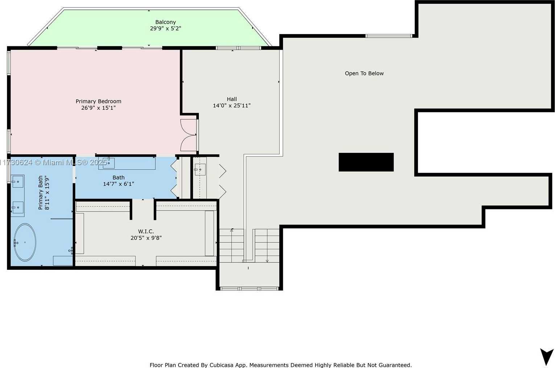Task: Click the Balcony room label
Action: tap(165, 22)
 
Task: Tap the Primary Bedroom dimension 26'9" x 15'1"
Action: tap(98, 108)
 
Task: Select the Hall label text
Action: tap(232, 99)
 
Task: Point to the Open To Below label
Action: tap(364, 74)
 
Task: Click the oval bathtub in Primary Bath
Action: tap(25, 242)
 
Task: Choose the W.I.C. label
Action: tap(146, 231)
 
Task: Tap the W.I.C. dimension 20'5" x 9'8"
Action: tap(146, 238)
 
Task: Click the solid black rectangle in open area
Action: tap(366, 162)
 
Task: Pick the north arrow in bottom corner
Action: tap(546, 356)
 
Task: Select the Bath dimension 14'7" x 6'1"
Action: tap(118, 184)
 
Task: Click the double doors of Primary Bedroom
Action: tap(189, 135)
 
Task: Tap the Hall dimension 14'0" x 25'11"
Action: tap(232, 105)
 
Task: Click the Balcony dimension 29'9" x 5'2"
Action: tap(165, 29)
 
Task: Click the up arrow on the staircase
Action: tap(232, 245)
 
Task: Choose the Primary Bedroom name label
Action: tap(98, 101)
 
